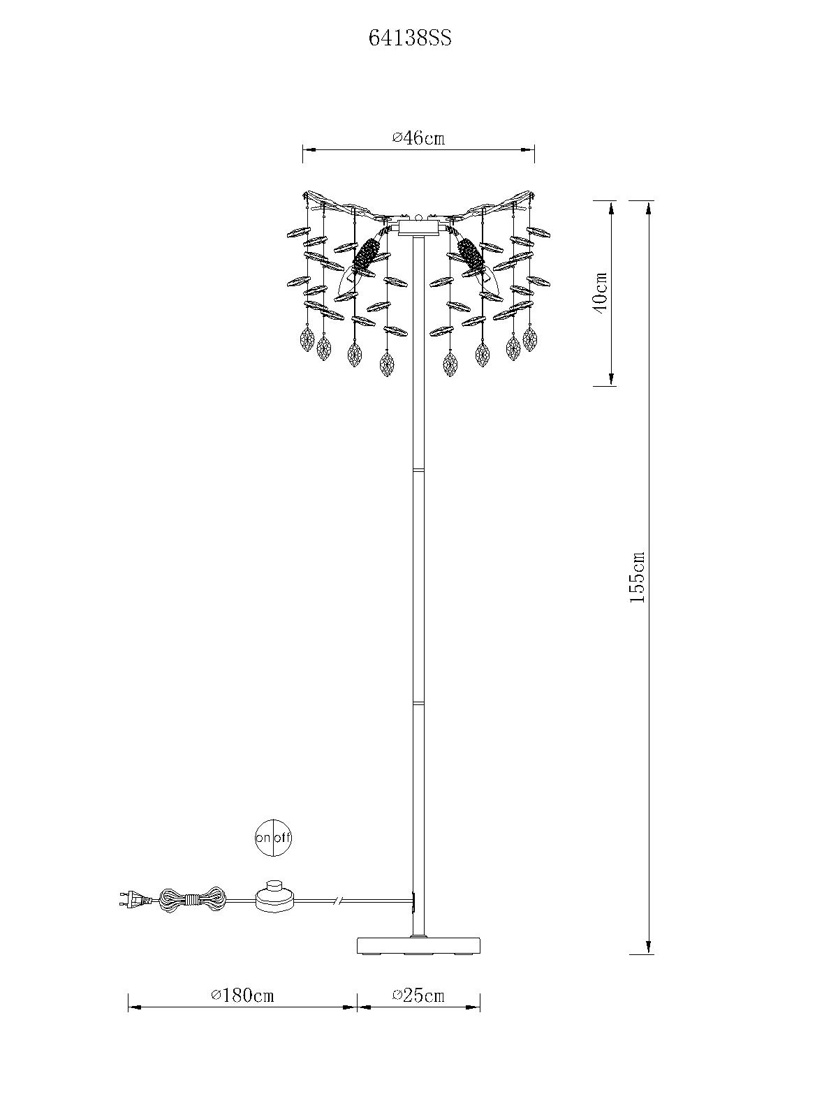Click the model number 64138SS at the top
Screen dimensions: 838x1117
coord(410,39)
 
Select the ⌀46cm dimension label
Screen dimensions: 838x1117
coord(419,138)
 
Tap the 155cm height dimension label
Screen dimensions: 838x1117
coord(637,577)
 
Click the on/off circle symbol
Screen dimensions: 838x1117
coord(273,837)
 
